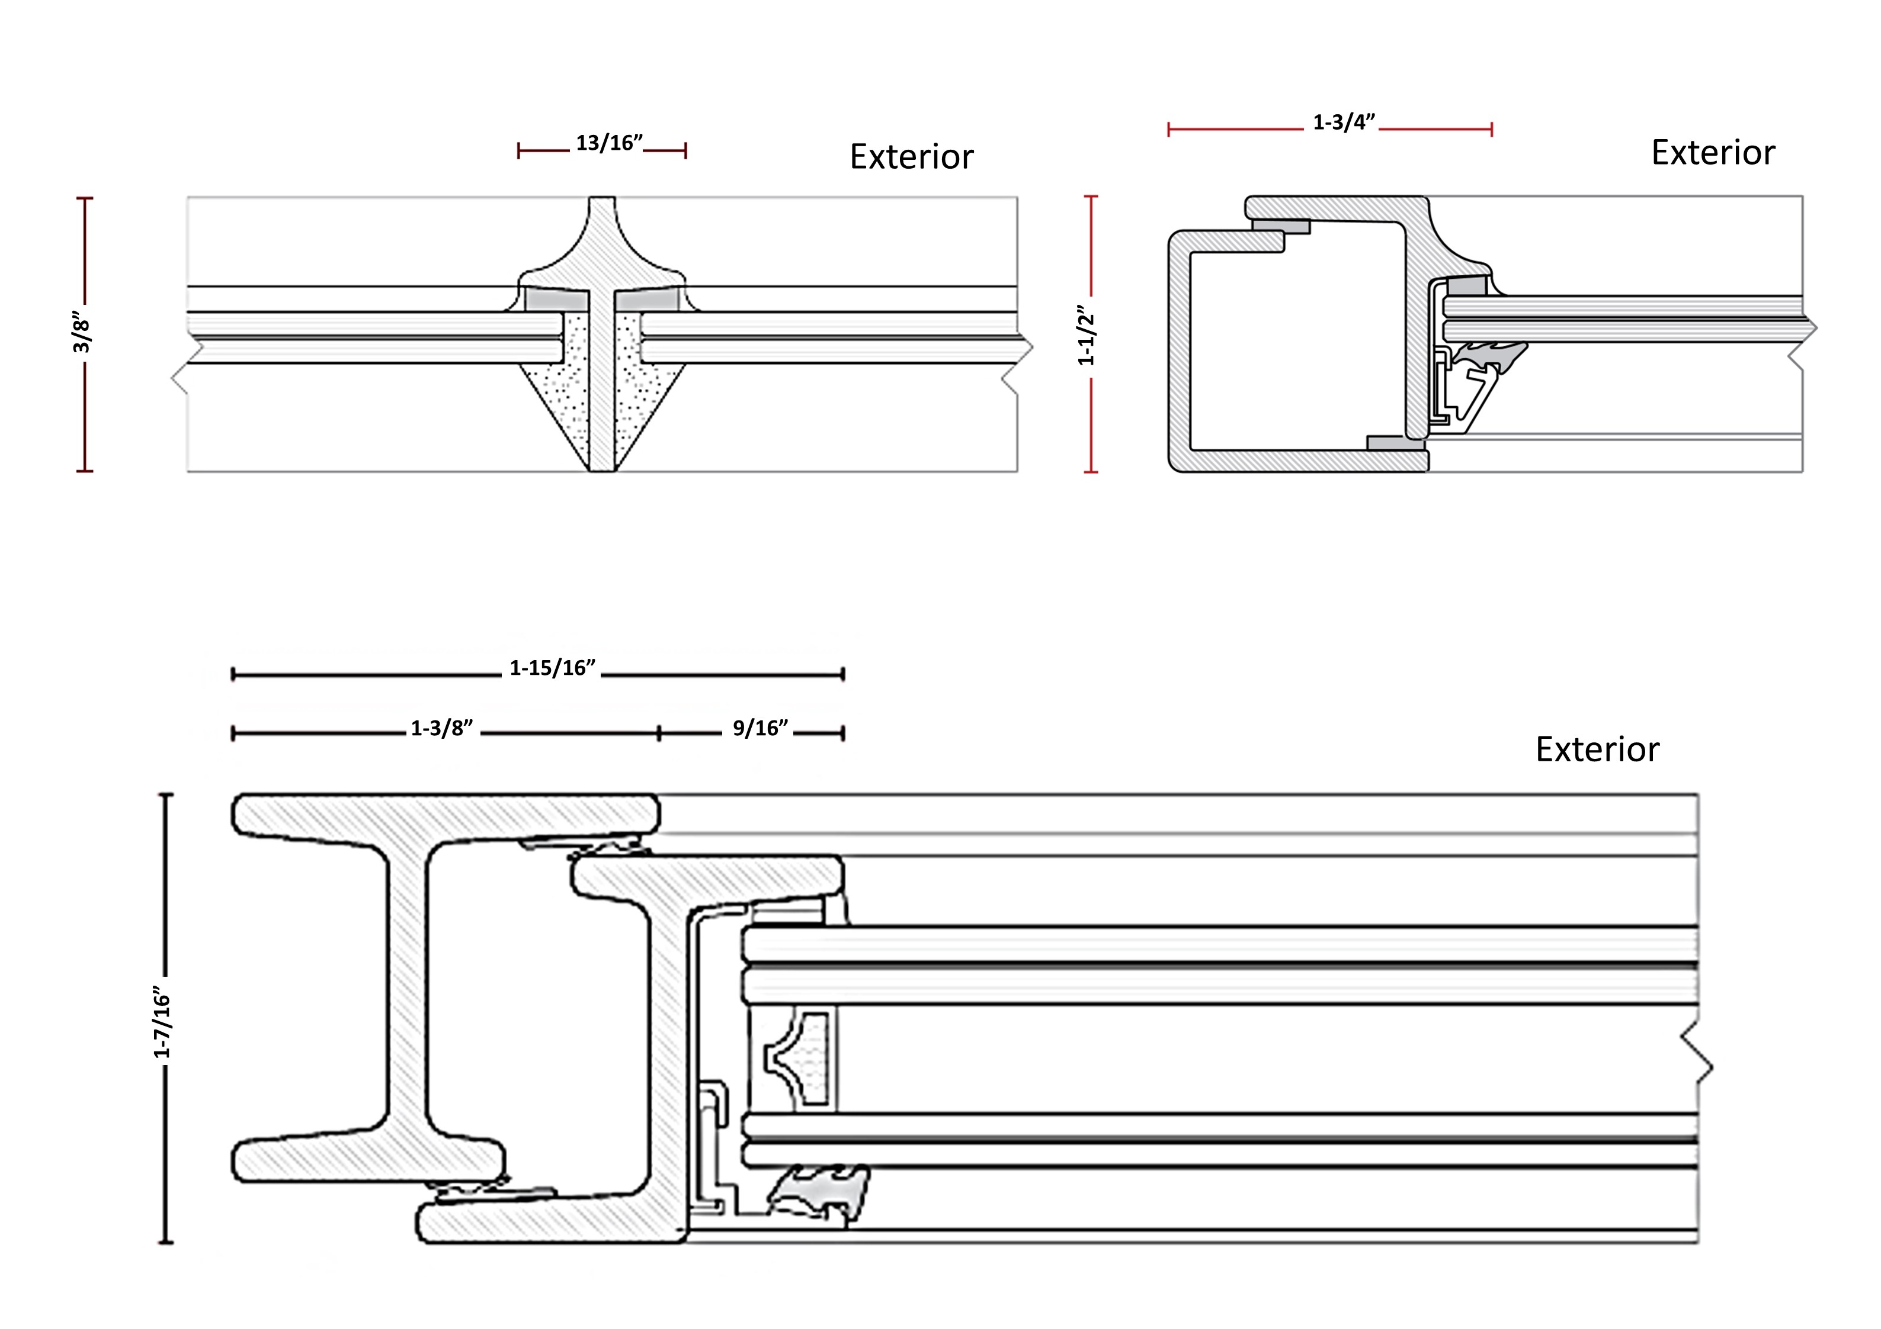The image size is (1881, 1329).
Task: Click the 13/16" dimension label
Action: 608,143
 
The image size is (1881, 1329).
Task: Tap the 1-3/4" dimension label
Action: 1344,123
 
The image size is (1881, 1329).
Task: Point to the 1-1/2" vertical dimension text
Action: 1085,336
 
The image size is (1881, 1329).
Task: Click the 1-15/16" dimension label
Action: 552,668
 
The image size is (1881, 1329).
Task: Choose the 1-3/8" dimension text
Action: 441,728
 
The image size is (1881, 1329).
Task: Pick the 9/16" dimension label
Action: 760,728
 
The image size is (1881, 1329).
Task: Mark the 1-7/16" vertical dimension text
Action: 162,1026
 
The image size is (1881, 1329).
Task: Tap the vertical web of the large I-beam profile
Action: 406,983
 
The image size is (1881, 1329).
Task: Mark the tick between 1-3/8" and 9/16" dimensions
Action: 659,733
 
